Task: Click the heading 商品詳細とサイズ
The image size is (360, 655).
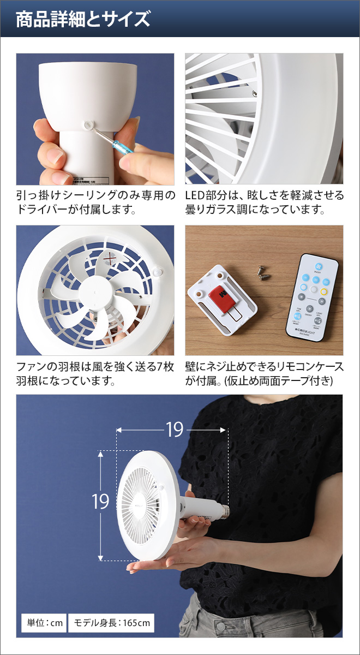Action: [x=83, y=20]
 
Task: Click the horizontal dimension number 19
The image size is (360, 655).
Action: [x=174, y=430]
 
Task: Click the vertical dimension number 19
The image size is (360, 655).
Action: [x=100, y=501]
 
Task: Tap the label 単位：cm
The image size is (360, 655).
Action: [x=43, y=622]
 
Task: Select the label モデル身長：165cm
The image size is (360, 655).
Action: [x=111, y=622]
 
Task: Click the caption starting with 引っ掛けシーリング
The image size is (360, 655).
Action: [x=95, y=203]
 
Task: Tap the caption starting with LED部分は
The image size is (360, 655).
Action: [x=265, y=203]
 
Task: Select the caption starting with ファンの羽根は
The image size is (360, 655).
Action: [x=95, y=373]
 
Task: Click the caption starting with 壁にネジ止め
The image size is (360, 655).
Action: [x=265, y=373]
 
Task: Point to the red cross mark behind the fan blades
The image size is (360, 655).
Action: [x=112, y=258]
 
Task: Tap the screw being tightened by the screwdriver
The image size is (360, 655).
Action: [x=88, y=125]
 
